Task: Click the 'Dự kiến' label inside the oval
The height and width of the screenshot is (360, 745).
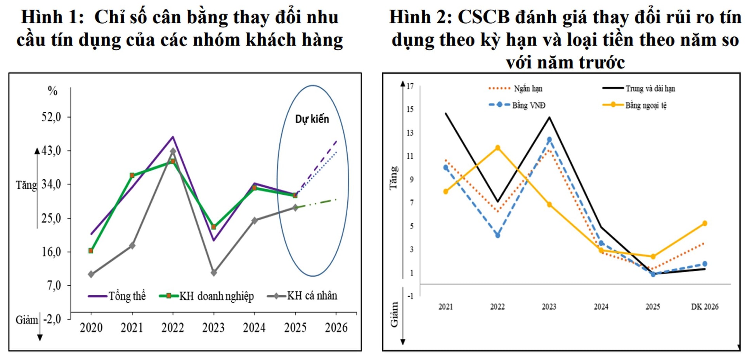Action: [312, 119]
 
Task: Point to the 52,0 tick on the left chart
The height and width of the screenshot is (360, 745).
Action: [51, 117]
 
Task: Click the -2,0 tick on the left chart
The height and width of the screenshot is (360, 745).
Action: [52, 319]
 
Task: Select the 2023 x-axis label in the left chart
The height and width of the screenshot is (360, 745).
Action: [213, 328]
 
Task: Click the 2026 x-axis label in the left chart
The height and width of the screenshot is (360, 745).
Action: [336, 328]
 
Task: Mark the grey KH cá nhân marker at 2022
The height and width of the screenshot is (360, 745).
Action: [173, 152]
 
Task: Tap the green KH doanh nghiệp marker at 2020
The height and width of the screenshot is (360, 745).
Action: [91, 251]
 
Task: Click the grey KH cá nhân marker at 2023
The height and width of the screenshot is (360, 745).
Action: [213, 273]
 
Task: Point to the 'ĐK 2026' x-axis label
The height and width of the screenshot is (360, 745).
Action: [704, 307]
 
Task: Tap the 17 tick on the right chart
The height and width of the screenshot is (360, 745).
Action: [410, 86]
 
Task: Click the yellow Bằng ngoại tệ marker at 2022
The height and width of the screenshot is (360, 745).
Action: [498, 148]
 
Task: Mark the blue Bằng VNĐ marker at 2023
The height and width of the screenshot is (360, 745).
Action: [549, 140]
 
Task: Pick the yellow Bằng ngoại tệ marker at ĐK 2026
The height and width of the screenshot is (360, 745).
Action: [705, 223]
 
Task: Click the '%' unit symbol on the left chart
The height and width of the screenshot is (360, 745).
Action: [52, 91]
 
